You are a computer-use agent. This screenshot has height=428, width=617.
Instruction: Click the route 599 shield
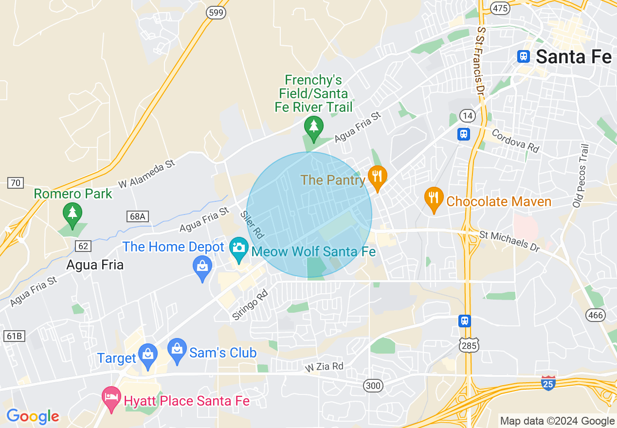(215, 13)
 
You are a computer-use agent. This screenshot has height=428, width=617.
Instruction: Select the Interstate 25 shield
(548, 383)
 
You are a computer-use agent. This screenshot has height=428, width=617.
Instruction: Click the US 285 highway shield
(470, 344)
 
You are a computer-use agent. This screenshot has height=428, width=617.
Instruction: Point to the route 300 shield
(373, 386)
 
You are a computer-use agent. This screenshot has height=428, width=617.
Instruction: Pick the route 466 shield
(596, 315)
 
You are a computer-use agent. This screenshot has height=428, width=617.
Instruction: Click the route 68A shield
(138, 216)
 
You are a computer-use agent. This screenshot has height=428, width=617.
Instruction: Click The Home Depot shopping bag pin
(202, 267)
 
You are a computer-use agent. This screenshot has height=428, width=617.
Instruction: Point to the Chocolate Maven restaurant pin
(434, 198)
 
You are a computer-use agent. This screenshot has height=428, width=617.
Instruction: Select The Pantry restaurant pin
(377, 177)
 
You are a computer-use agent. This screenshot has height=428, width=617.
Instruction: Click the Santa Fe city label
(574, 57)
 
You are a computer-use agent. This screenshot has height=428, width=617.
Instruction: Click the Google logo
(33, 416)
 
